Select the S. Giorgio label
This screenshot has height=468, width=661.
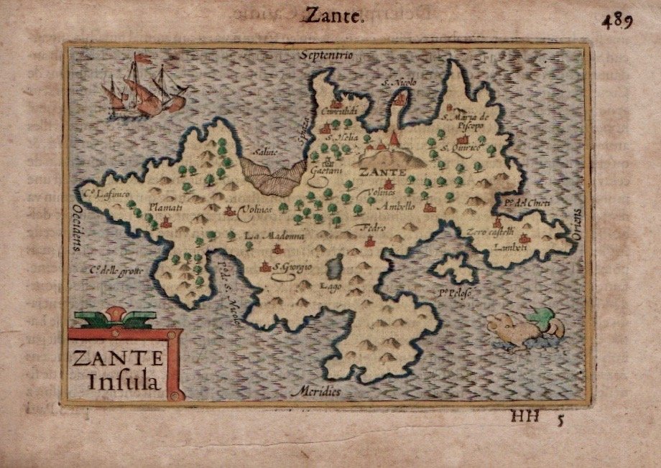pyautogui.click(x=292, y=268)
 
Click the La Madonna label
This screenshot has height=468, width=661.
pyautogui.click(x=275, y=235)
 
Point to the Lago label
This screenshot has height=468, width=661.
pyautogui.click(x=325, y=286)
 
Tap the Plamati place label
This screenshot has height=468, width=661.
pyautogui.click(x=165, y=207)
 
